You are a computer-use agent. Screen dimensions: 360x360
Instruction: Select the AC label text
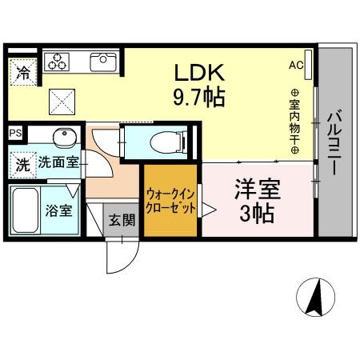coord(294,65)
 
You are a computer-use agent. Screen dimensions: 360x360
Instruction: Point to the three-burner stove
coord(59,62)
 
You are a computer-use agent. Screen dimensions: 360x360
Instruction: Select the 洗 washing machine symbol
coord(22,165)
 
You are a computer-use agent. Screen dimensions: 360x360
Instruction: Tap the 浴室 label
coord(58,212)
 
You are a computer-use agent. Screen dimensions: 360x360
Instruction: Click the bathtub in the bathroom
coord(26,210)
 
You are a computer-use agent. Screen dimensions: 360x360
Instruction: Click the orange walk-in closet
coord(170,200)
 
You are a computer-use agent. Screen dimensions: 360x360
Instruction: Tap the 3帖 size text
coord(255,215)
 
